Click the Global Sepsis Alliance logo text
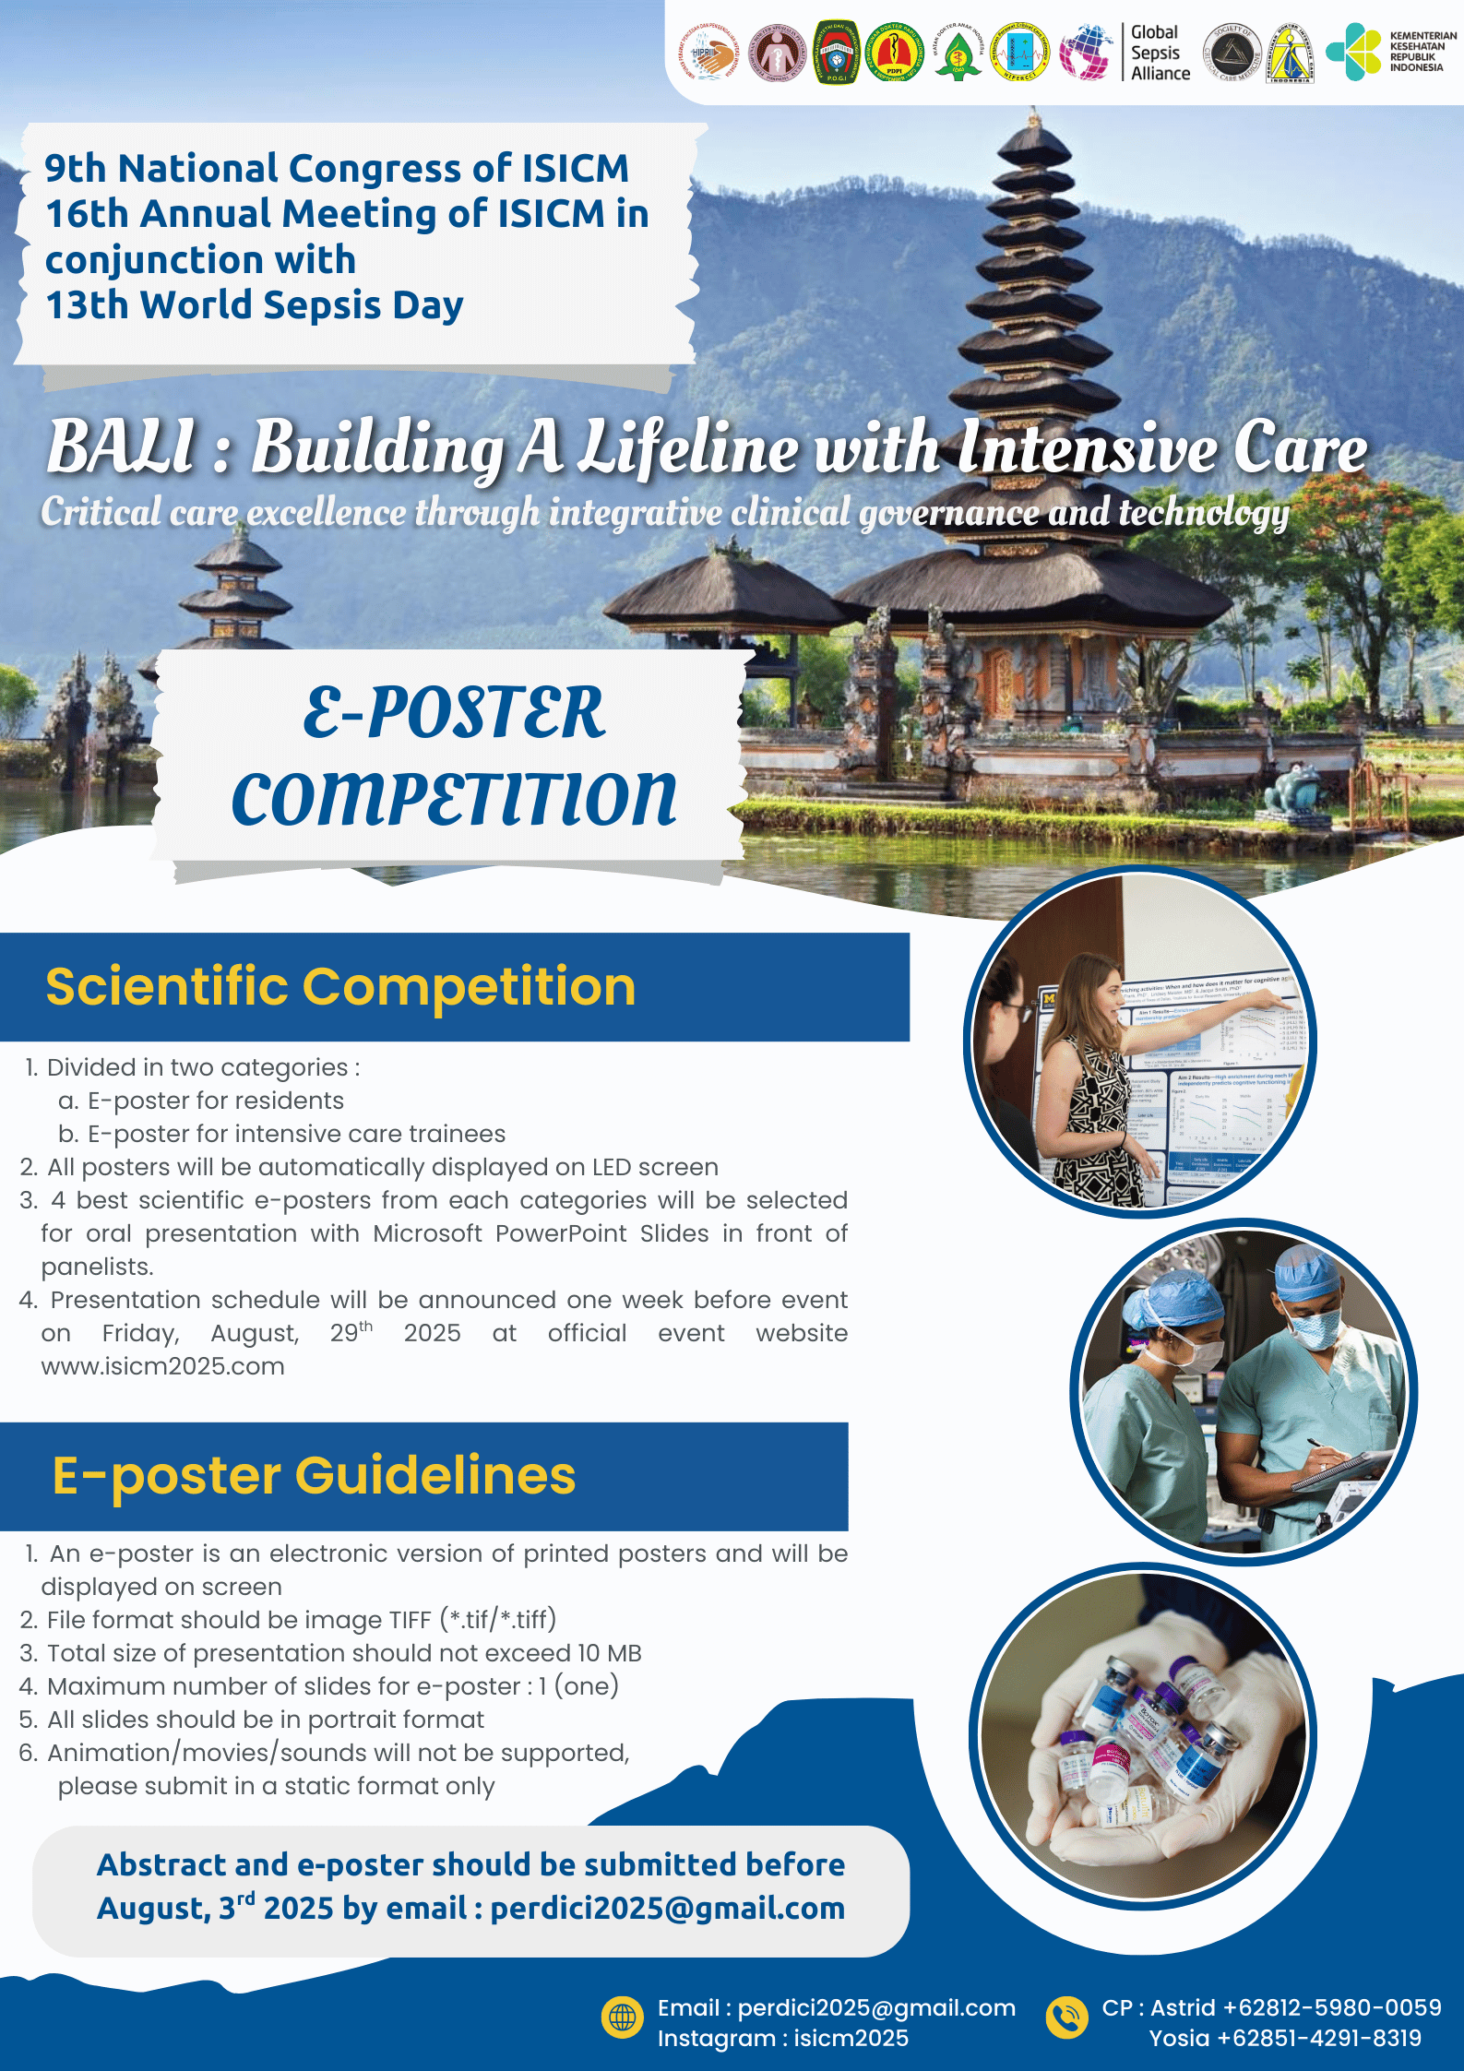click(x=1160, y=54)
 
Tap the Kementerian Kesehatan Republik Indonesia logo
click(x=1391, y=52)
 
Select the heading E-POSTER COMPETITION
click(x=454, y=756)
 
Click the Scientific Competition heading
click(x=340, y=986)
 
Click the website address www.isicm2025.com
click(x=162, y=1366)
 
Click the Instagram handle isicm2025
click(x=851, y=2038)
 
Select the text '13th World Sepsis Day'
click(x=255, y=305)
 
